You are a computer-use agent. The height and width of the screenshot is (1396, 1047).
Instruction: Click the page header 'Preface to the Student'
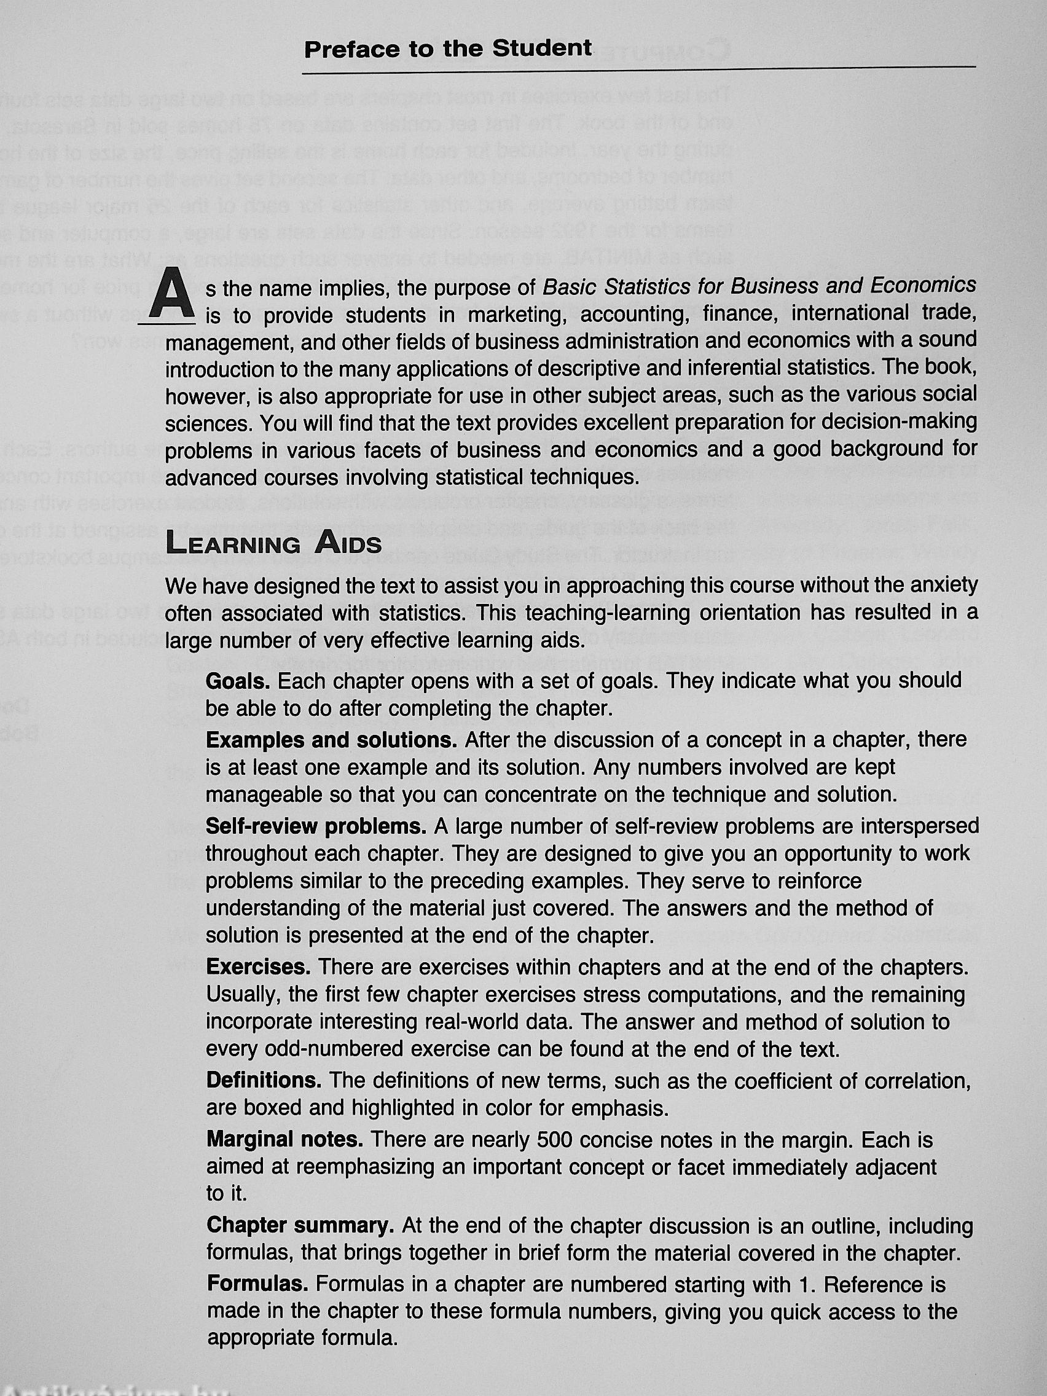[447, 49]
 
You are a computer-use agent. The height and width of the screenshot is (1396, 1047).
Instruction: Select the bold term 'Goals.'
[238, 681]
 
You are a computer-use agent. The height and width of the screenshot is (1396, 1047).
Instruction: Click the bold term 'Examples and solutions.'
[331, 740]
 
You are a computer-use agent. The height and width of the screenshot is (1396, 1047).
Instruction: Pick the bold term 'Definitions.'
[264, 1080]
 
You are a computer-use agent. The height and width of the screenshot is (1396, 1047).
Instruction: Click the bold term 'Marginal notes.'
[284, 1139]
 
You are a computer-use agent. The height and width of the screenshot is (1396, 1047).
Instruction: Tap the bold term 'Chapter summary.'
[300, 1225]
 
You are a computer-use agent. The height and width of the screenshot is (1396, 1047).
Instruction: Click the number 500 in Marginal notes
[554, 1139]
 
